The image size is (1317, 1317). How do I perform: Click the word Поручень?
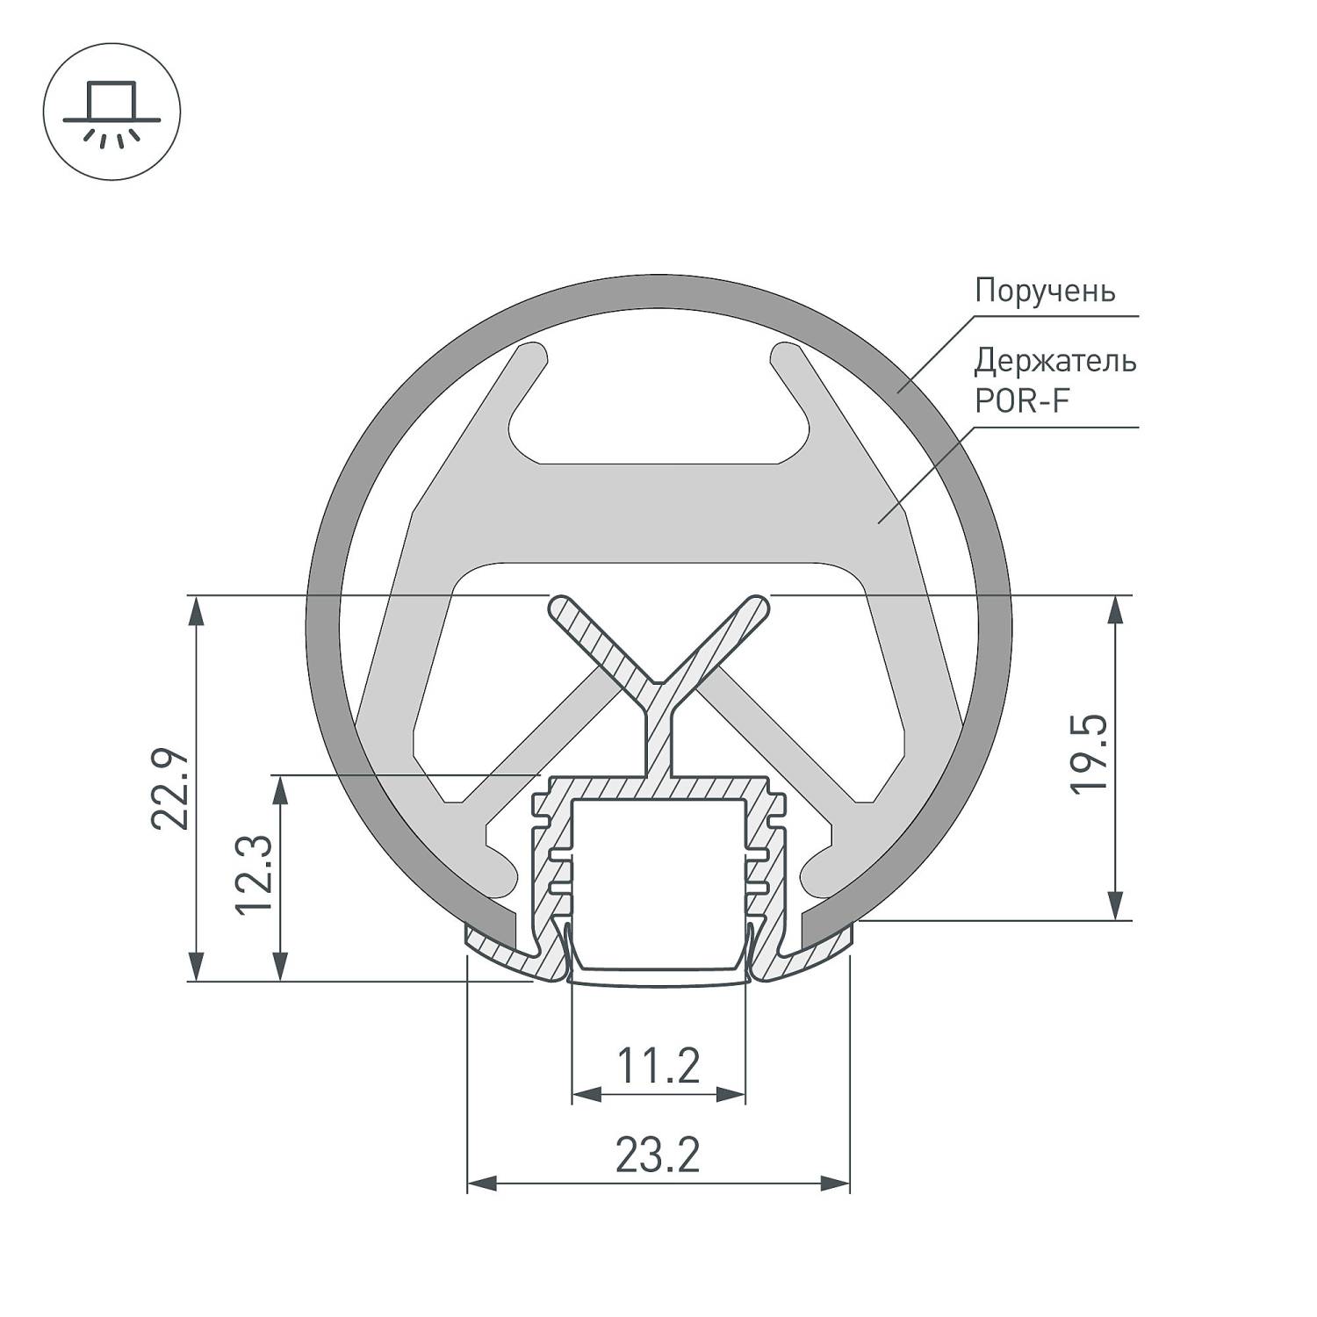point(1045,291)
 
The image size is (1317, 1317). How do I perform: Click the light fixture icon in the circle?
point(112,113)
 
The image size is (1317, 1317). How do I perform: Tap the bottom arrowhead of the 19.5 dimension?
point(1115,904)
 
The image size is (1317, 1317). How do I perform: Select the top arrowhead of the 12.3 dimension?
point(281,790)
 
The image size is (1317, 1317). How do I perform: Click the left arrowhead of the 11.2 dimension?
point(587,1095)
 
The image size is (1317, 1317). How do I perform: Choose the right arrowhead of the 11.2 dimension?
point(730,1095)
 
